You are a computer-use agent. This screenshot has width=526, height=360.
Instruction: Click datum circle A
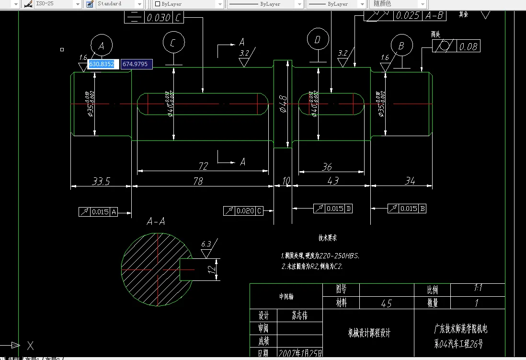[101, 46]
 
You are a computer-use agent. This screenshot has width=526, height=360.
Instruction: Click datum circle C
[173, 43]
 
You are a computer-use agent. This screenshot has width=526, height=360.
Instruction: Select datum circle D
[317, 40]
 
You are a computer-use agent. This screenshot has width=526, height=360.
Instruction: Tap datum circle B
[401, 46]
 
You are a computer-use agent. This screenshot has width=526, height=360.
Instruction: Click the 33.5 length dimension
[101, 181]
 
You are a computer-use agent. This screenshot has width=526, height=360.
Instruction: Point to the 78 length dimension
[198, 181]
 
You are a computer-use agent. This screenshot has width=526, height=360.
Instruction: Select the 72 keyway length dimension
[203, 166]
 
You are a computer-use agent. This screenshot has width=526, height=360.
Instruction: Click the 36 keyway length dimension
[327, 167]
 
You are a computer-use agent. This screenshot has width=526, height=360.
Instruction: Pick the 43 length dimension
[332, 181]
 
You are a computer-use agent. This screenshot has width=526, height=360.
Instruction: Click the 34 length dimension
[410, 181]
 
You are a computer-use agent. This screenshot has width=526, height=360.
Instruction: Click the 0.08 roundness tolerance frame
[456, 46]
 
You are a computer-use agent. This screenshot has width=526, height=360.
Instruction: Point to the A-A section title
[156, 221]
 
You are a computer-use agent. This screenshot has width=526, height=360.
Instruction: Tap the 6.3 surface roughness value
[206, 244]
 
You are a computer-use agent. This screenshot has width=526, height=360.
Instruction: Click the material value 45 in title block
[386, 303]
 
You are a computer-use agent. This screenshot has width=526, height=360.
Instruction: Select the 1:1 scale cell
[477, 289]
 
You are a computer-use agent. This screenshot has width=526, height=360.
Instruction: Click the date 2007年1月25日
[300, 354]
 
